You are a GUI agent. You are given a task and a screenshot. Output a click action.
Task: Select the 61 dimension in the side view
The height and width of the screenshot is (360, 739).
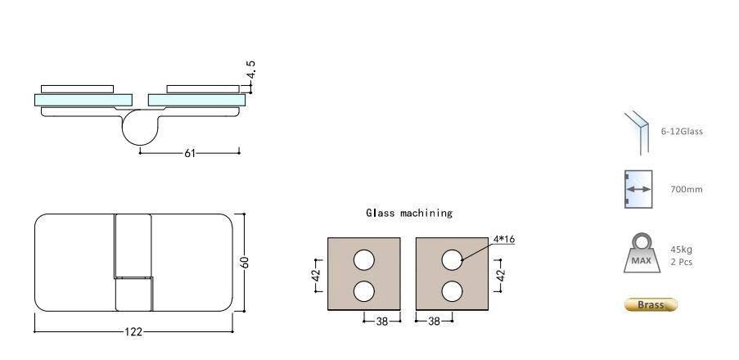pos(189,152)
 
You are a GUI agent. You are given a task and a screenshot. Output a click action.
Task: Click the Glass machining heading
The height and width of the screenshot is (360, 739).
pos(409,213)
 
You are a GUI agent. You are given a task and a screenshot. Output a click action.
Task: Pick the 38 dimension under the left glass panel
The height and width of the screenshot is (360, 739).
pos(381,321)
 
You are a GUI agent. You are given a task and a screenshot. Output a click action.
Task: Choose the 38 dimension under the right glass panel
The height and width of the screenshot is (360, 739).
pos(435,321)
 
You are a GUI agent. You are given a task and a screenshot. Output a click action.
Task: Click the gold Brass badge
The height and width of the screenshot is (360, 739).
pos(651,305)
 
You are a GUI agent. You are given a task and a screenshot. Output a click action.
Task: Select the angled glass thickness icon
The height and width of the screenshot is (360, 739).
pos(636,131)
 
